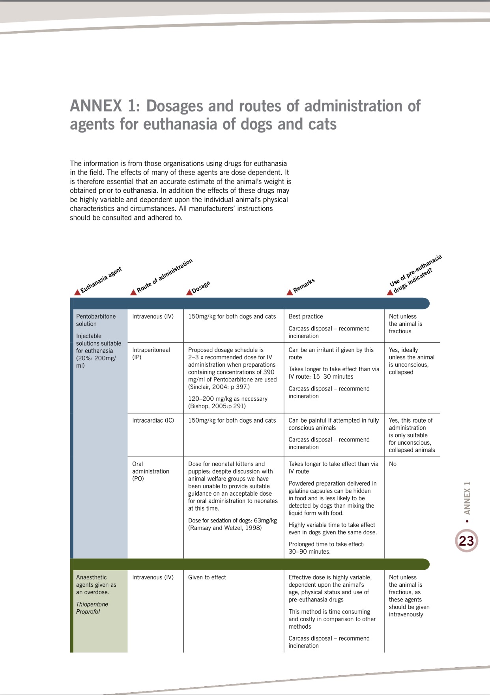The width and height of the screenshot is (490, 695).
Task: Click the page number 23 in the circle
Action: pyautogui.click(x=466, y=541)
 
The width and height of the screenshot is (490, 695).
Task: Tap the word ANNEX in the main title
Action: pyautogui.click(x=96, y=106)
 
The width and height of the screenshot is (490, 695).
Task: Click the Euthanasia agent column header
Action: pyautogui.click(x=101, y=280)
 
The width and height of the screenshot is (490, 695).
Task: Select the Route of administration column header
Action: pyautogui.click(x=165, y=275)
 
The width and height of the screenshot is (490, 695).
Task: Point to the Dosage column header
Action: pyautogui.click(x=201, y=287)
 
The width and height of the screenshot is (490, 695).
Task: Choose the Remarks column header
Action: pyautogui.click(x=304, y=285)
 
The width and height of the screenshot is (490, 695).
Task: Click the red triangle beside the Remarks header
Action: pyautogui.click(x=290, y=292)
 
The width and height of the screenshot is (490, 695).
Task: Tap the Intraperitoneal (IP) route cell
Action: pyautogui.click(x=151, y=353)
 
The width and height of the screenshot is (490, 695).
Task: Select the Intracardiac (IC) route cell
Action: pyautogui.click(x=153, y=421)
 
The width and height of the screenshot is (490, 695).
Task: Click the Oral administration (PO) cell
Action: pyautogui.click(x=150, y=471)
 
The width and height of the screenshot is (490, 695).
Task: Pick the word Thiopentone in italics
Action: pyautogui.click(x=92, y=604)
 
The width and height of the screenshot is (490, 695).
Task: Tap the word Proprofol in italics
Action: pyautogui.click(x=88, y=612)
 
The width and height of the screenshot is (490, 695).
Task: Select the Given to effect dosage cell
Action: pyautogui.click(x=207, y=577)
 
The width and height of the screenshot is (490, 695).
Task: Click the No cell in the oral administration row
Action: pyautogui.click(x=393, y=464)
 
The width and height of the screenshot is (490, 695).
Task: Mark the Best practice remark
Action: pyautogui.click(x=306, y=316)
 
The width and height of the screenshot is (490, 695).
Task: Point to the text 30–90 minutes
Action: pyautogui.click(x=309, y=552)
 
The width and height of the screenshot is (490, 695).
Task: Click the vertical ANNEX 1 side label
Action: pyautogui.click(x=467, y=498)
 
